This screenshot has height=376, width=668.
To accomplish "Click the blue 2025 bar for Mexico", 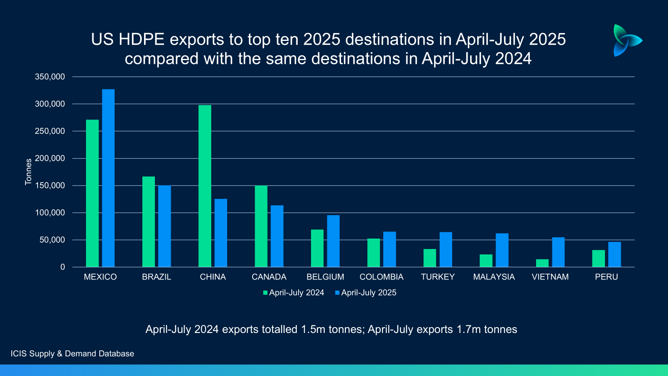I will pos(108,178).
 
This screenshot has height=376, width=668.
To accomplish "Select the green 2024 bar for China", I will pos(205,186).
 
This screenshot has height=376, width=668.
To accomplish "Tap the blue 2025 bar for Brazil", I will pos(164,226).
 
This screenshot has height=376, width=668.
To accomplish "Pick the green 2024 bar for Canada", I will pos(261,226).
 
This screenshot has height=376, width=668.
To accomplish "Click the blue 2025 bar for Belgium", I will pos(333,241).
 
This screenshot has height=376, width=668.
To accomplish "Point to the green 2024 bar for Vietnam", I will pos(542,263).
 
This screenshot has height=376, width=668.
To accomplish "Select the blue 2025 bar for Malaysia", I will pos(502,250).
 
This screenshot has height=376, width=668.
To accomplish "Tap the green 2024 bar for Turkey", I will pos(430,258).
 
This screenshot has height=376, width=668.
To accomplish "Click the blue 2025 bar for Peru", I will pos(614,254).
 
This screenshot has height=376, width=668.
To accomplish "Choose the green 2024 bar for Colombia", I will pos(373,253).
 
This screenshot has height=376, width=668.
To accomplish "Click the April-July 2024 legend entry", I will pos(294,293).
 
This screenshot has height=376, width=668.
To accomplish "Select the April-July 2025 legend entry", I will pos(366,293).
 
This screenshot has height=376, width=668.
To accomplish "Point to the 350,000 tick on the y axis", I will pos(50,77).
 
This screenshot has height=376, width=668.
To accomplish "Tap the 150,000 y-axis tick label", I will pos(50,185).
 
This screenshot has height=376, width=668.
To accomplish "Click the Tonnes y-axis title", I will pos(28,172).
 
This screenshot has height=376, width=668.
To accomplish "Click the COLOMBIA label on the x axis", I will pos(381,277).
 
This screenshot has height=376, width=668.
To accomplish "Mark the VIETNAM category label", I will pos(550,277).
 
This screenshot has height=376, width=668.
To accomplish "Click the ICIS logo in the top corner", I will pos(626,40).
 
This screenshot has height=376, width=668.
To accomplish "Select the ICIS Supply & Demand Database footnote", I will pos(72,354).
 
